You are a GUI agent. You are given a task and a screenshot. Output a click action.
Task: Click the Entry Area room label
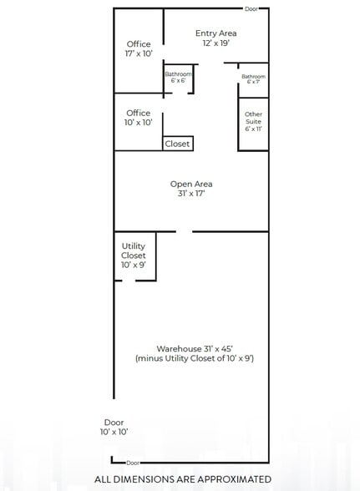pos(216,33)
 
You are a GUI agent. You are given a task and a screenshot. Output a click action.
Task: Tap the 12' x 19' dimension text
pos(216,43)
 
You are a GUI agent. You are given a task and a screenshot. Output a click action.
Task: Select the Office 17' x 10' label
pos(139,48)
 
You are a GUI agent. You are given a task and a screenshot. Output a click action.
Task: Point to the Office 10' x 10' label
pos(139,117)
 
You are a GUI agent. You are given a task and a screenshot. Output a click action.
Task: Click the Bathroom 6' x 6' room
pos(178,78)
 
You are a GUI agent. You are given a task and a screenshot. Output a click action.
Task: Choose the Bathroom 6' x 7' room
pos(253,78)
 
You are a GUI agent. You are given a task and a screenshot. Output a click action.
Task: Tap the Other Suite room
pos(254,122)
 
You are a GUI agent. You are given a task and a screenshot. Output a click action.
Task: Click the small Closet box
pos(178,144)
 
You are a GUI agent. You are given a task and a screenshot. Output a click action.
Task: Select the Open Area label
pos(191,184)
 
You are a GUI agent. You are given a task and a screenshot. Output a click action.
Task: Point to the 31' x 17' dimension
pos(191,194)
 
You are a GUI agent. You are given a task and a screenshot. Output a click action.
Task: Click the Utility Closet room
pos(134,256)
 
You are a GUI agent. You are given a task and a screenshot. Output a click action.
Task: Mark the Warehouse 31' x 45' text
pos(195,348)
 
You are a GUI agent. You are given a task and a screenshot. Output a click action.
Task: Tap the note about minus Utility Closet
pos(195,358)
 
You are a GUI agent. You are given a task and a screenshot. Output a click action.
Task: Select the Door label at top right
pos(251,9)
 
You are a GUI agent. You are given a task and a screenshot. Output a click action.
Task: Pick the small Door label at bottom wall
pos(133,462)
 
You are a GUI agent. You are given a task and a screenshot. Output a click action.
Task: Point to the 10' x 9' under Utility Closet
pos(134,266)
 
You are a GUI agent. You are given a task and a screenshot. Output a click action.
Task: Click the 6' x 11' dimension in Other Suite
pos(254,130)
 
